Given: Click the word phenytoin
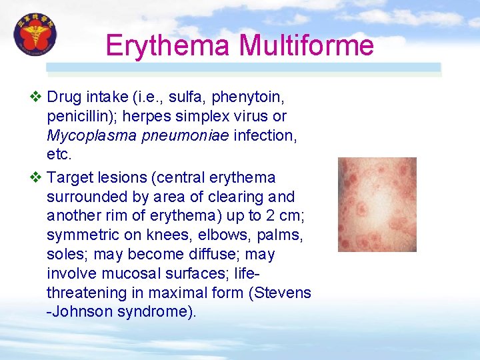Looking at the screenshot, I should [x=248, y=98].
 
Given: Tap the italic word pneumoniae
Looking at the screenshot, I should [x=182, y=136].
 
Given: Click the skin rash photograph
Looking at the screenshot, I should [x=377, y=204].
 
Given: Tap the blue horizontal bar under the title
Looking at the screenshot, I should [x=243, y=67].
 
